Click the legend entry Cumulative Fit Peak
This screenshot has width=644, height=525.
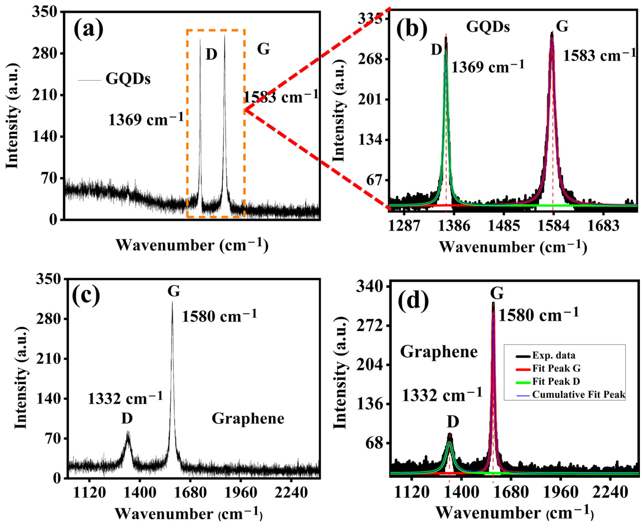[578, 395]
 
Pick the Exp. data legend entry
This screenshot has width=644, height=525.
[553, 355]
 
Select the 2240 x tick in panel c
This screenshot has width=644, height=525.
[292, 493]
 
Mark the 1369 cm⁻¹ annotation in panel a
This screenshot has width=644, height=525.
[146, 120]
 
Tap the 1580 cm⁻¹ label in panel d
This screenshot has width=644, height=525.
[538, 315]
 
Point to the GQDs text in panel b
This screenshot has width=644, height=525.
[488, 27]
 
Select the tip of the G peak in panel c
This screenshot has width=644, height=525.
[173, 302]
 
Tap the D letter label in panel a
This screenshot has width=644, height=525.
[211, 54]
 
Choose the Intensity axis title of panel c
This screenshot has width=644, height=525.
[21, 378]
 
